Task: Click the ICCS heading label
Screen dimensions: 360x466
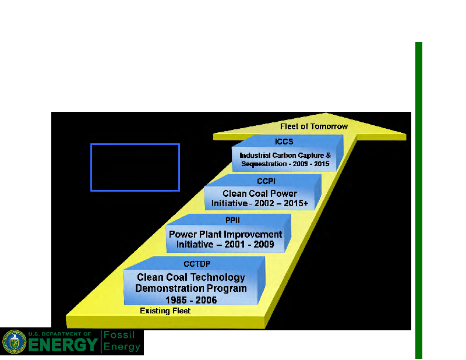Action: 284,142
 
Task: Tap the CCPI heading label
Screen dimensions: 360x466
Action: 266,181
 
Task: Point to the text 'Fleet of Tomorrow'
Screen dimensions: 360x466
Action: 313,126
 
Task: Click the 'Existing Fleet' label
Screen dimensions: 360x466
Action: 165,311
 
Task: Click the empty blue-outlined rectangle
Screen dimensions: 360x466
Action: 135,167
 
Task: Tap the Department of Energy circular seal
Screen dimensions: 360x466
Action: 14,342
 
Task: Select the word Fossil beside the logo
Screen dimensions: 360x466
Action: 120,336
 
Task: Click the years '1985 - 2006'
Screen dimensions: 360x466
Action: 190,300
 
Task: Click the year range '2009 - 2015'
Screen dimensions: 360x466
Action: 309,164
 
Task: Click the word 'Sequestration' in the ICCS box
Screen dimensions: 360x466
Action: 262,164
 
